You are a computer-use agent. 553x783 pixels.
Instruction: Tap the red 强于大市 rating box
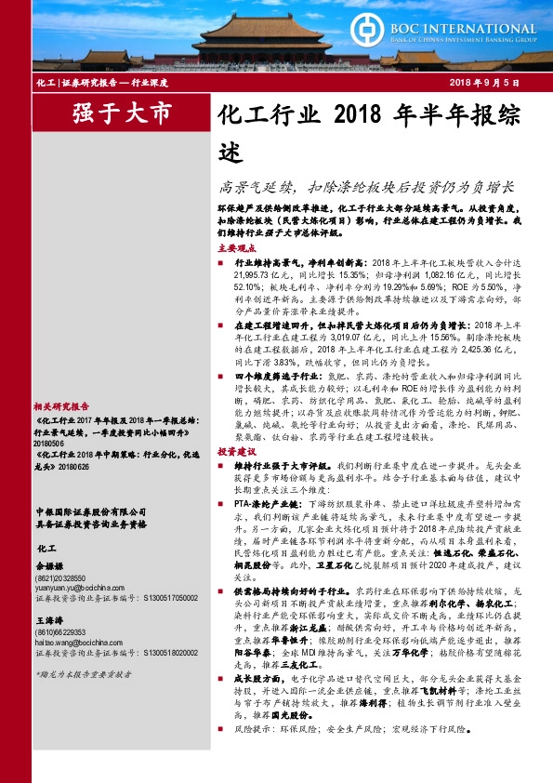123,115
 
